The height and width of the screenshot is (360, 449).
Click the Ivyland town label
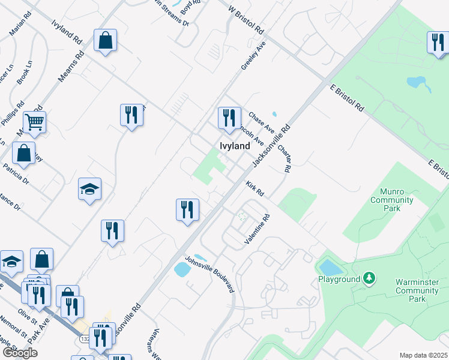(x=234, y=146)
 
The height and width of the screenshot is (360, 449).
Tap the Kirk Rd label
(x=255, y=190)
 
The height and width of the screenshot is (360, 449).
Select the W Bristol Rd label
(x=247, y=19)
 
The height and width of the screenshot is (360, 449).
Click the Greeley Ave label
(x=253, y=56)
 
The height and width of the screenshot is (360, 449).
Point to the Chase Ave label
(x=261, y=123)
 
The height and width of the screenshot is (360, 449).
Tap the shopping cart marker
(x=34, y=122)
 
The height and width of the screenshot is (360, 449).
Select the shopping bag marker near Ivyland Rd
(x=105, y=41)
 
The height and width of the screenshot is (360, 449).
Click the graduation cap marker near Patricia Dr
(x=89, y=189)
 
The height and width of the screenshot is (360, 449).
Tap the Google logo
(x=20, y=352)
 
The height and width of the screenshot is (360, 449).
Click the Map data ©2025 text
(x=423, y=355)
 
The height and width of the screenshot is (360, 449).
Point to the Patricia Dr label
(x=16, y=173)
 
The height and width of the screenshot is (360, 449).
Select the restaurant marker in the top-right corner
(x=438, y=42)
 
